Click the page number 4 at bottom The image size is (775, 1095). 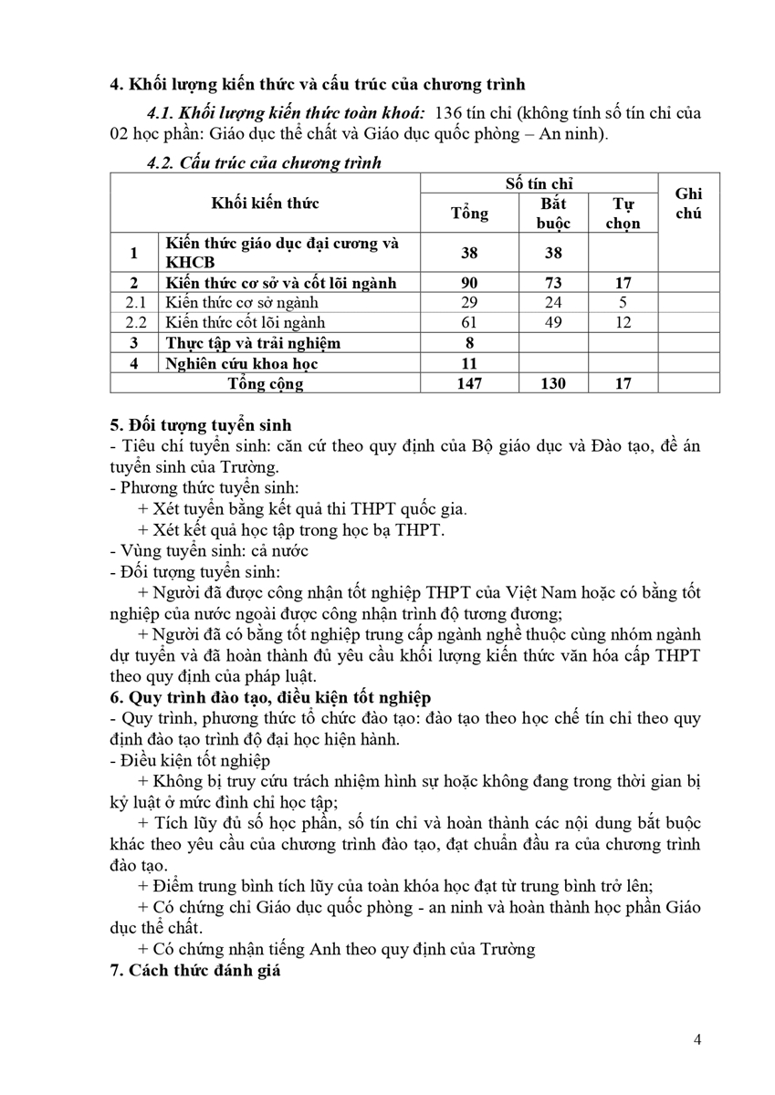coord(697,1039)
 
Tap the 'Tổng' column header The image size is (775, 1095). coord(469,214)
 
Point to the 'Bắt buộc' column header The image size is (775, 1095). coord(554,214)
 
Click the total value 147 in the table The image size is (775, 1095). coord(469,384)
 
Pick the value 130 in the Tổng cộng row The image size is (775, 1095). coord(554,384)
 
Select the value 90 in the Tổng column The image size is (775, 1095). coord(469,283)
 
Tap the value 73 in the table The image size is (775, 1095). coord(554,283)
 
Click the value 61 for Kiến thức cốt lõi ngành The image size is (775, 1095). coord(469,322)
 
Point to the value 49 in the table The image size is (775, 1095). coord(554,322)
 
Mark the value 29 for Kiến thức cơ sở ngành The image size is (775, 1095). coord(469,302)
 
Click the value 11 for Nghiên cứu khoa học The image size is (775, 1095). coord(469,364)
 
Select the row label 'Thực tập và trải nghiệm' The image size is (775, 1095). coord(253,343)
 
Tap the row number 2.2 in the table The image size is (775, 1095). coord(135,322)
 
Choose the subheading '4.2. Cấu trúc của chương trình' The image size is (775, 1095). coord(264,163)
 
